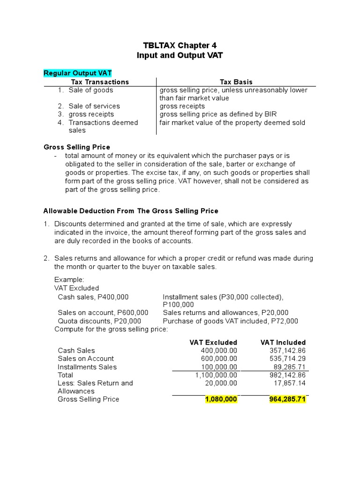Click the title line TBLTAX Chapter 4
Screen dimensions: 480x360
(180, 45)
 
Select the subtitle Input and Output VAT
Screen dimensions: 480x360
(180, 55)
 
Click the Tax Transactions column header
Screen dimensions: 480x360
(100, 82)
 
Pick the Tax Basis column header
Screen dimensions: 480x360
(236, 82)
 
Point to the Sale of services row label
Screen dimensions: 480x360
(94, 106)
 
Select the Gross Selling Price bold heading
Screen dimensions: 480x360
(77, 147)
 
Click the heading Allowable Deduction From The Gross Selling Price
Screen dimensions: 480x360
(131, 211)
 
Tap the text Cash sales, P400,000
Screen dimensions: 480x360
(93, 297)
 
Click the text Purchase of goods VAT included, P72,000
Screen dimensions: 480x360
(230, 321)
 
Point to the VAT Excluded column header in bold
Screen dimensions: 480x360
(213, 342)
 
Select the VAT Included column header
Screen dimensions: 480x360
(283, 342)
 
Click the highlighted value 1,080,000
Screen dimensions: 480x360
(221, 399)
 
